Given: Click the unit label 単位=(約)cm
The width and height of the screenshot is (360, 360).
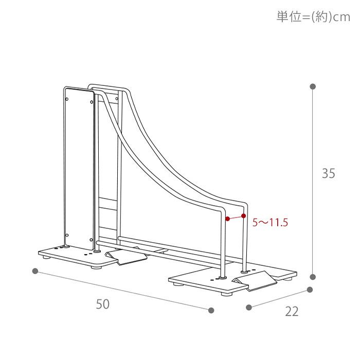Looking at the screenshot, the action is pyautogui.click(x=313, y=17).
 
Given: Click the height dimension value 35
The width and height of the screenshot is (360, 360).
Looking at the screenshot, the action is pyautogui.click(x=328, y=174).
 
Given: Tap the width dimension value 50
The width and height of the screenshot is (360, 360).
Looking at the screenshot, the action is pyautogui.click(x=103, y=304).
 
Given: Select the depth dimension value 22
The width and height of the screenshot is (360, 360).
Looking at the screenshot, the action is pyautogui.click(x=292, y=312).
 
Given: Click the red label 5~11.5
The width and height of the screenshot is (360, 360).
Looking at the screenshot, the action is pyautogui.click(x=270, y=223).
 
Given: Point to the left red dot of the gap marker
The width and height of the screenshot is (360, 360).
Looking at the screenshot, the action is pyautogui.click(x=227, y=219).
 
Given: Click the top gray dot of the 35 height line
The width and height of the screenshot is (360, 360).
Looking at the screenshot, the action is pyautogui.click(x=313, y=86).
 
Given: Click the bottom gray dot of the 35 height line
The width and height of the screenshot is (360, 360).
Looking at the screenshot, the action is pyautogui.click(x=313, y=277).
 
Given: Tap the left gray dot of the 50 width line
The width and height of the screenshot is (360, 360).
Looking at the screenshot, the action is pyautogui.click(x=35, y=271).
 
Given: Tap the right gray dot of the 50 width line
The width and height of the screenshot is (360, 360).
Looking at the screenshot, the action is pyautogui.click(x=211, y=310).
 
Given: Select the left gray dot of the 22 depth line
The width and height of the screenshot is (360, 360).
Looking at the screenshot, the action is pyautogui.click(x=249, y=308).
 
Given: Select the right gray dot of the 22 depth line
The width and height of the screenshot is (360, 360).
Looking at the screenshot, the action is pyautogui.click(x=310, y=290).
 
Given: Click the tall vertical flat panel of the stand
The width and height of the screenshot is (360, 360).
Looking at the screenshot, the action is pyautogui.click(x=78, y=165).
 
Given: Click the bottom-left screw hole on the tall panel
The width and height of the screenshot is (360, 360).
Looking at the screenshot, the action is pyautogui.click(x=66, y=235).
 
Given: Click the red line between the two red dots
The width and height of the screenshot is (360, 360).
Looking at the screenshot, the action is pyautogui.click(x=235, y=218).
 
